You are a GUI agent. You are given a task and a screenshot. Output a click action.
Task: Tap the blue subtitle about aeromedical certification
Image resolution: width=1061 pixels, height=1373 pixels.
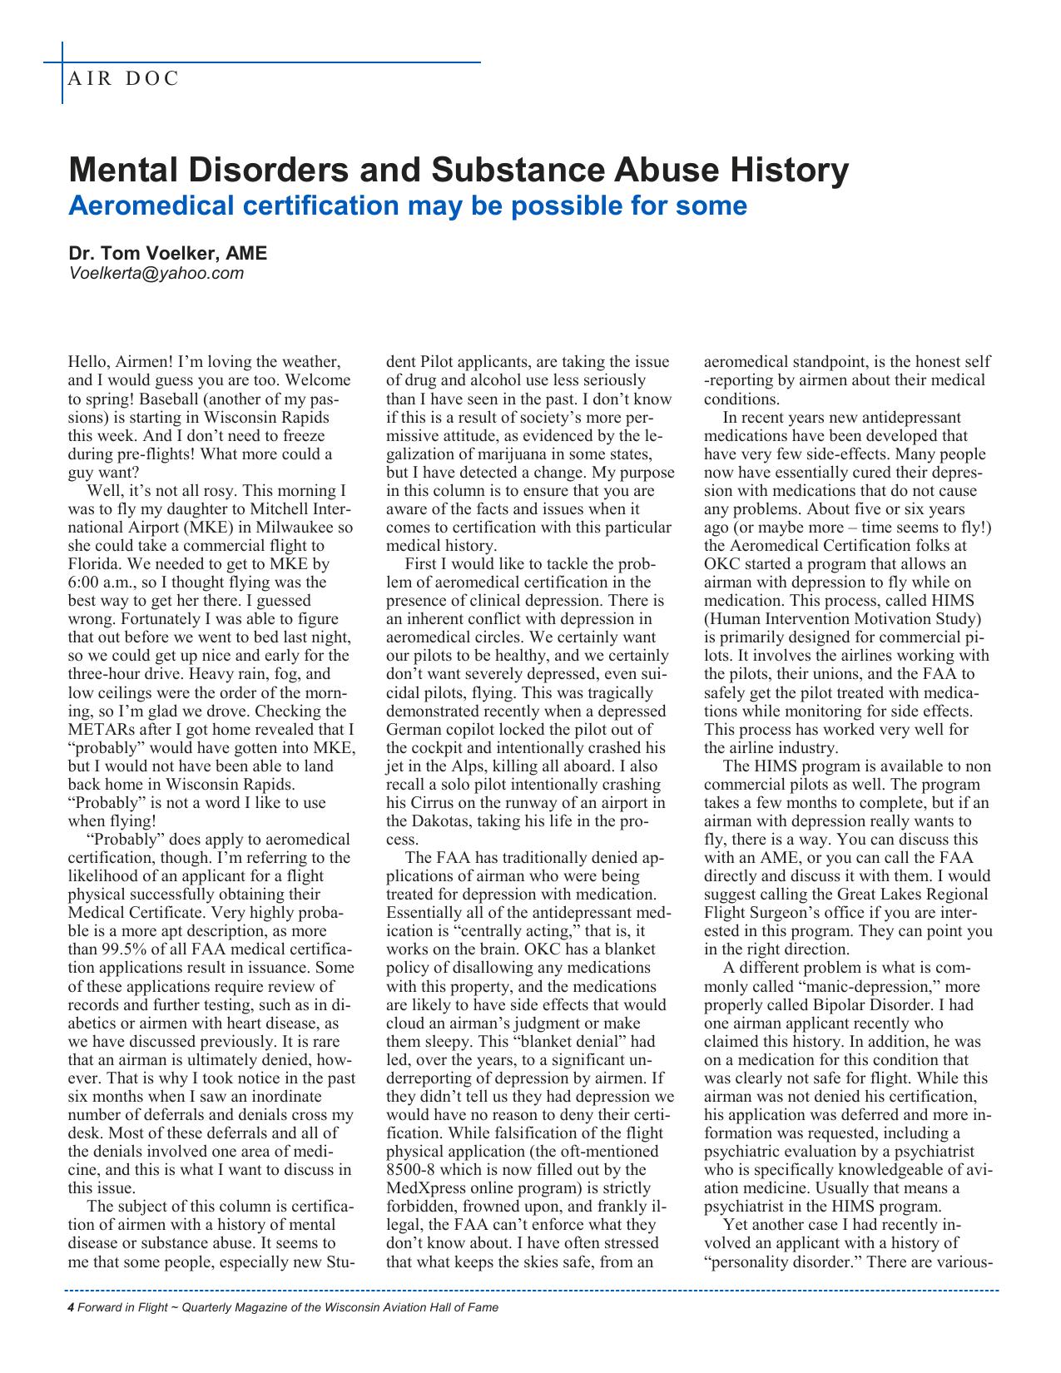tap(407, 205)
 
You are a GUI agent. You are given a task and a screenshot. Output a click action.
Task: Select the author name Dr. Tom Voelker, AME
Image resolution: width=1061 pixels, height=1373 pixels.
tap(167, 254)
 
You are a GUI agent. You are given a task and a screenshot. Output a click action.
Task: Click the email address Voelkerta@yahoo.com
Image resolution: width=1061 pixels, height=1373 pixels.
tap(156, 273)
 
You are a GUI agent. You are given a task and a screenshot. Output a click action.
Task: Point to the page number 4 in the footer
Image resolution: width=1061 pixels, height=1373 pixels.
tap(71, 1307)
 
